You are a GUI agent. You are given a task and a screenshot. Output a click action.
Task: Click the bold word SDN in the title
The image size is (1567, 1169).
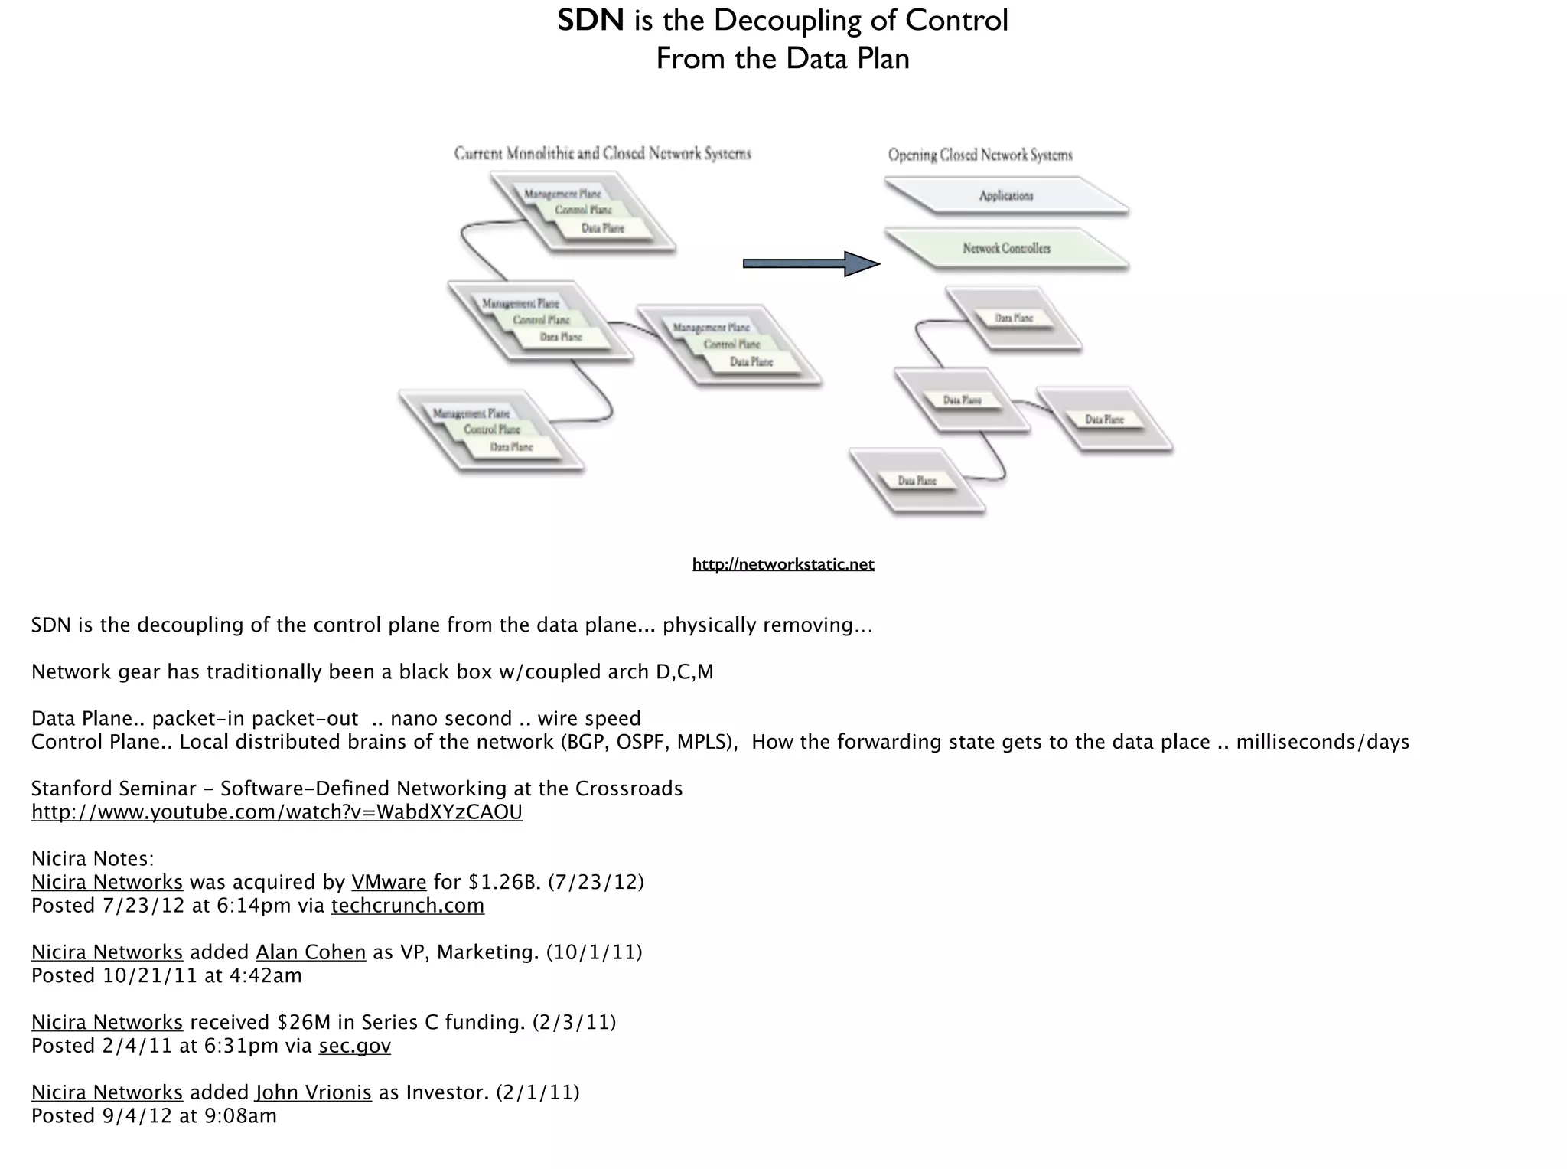click(x=590, y=20)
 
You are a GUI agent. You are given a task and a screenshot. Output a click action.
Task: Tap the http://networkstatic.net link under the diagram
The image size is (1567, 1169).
click(x=783, y=564)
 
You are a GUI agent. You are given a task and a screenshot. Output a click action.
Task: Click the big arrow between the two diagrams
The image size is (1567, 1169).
click(x=811, y=263)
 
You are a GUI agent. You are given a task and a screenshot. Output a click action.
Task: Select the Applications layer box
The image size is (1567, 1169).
click(x=1006, y=196)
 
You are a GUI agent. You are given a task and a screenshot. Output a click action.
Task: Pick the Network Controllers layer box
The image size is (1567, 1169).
click(x=1006, y=249)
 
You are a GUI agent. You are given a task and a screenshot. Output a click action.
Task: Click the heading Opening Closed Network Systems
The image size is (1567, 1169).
click(x=980, y=155)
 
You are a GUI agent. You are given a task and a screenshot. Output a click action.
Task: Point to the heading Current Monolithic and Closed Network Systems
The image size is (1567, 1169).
click(x=602, y=154)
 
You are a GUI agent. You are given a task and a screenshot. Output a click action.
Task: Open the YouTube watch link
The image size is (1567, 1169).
click(x=276, y=812)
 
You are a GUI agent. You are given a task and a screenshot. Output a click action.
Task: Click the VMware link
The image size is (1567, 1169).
click(x=389, y=883)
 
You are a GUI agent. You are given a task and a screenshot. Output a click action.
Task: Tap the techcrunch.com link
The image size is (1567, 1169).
click(x=407, y=906)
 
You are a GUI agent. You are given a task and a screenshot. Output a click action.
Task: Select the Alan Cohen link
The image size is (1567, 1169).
click(x=311, y=952)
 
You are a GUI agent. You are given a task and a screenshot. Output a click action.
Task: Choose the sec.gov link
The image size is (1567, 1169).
click(x=354, y=1046)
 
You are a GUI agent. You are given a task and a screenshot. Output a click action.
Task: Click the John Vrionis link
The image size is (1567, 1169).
click(x=314, y=1092)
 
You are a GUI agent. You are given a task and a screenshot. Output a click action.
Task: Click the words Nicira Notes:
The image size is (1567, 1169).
click(x=93, y=859)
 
